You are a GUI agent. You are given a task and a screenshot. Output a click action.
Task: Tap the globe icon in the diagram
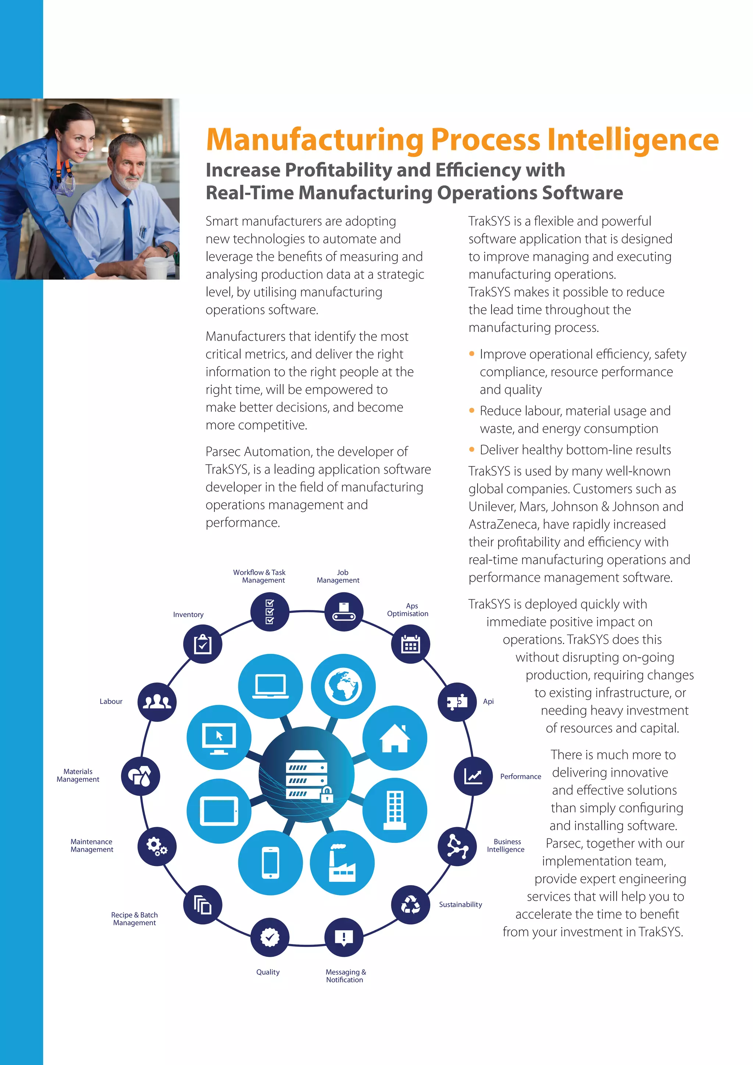[343, 686]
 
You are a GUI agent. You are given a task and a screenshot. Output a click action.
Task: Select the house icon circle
[395, 738]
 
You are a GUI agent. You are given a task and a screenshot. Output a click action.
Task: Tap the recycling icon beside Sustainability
[410, 904]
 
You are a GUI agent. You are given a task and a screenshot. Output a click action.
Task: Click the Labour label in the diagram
[111, 701]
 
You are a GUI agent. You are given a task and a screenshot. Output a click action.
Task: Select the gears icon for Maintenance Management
[157, 847]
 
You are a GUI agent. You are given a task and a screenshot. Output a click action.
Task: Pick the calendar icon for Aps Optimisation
[410, 644]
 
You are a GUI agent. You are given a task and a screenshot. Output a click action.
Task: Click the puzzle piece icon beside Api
[457, 702]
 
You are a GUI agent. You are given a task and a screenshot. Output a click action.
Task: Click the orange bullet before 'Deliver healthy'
[472, 449]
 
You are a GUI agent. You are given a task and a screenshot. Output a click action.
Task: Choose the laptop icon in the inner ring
[270, 686]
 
